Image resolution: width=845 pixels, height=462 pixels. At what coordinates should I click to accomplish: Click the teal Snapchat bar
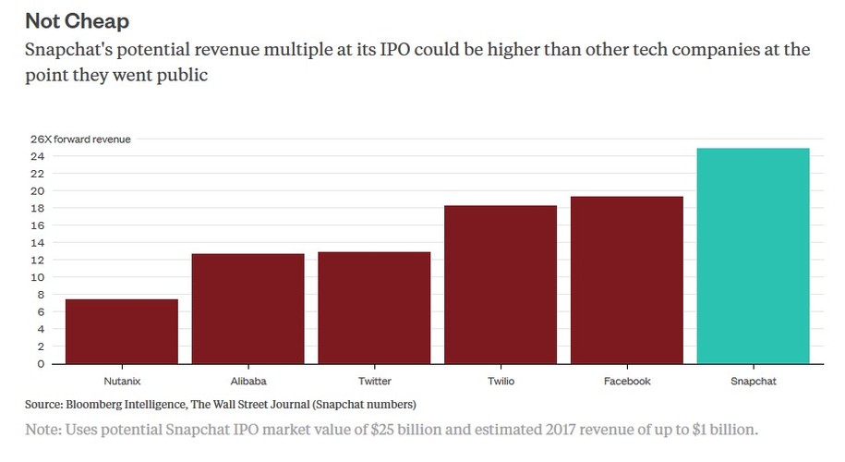click(x=754, y=256)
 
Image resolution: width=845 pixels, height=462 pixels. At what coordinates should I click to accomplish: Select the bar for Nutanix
click(x=122, y=331)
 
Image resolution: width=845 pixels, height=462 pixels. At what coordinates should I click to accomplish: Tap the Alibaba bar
click(x=247, y=309)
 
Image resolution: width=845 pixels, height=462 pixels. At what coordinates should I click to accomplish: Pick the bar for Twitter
click(x=374, y=308)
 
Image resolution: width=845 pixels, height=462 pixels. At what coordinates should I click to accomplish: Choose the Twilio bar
click(x=501, y=285)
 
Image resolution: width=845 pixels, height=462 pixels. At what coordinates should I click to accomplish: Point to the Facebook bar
click(x=627, y=280)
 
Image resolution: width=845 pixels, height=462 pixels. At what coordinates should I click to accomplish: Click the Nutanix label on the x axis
click(x=122, y=381)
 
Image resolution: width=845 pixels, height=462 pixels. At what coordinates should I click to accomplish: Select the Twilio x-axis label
click(x=501, y=381)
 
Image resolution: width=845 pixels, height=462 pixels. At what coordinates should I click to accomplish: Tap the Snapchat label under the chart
click(x=754, y=381)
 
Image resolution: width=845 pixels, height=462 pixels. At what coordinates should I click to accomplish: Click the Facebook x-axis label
click(x=627, y=381)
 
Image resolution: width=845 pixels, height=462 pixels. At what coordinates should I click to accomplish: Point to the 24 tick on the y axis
click(x=38, y=156)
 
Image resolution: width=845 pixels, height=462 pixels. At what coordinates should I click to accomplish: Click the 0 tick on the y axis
click(x=42, y=363)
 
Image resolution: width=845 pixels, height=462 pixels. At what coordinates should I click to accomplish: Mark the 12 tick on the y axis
click(x=38, y=260)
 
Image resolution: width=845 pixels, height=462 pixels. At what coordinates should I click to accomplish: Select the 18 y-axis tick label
click(x=38, y=208)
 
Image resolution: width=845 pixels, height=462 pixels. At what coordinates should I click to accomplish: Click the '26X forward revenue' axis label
click(x=81, y=139)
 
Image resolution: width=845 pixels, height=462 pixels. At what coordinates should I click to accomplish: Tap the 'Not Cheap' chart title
click(x=78, y=20)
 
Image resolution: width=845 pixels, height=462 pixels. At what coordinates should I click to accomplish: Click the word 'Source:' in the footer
click(x=44, y=404)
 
